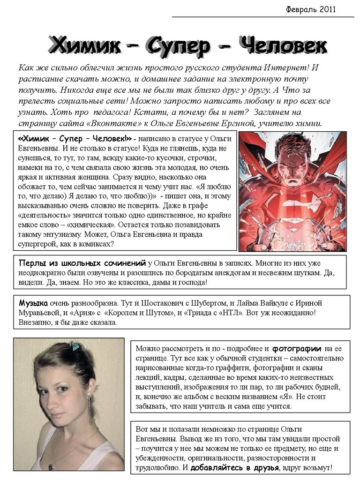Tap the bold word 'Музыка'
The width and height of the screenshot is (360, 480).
tap(33, 303)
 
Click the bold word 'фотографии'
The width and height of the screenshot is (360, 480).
tap(297, 348)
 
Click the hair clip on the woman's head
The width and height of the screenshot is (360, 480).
tap(75, 346)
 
